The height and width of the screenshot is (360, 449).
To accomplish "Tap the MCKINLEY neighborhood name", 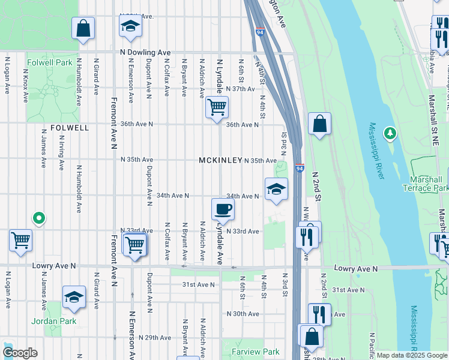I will click(x=221, y=161).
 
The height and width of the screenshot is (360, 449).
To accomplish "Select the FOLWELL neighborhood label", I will click(x=70, y=128).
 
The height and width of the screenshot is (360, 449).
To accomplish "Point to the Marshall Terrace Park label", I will click(x=429, y=184).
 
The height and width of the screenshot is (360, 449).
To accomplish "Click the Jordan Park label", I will click(x=55, y=321).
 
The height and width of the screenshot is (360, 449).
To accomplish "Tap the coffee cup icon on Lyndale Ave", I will click(x=223, y=209).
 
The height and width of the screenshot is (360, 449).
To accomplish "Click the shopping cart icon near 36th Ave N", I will click(x=216, y=107).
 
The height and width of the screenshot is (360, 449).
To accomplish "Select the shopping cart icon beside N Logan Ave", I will click(x=20, y=241).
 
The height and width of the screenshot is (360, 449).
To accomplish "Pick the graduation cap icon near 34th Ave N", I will click(x=276, y=190).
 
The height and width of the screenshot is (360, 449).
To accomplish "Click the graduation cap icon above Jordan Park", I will click(x=74, y=297).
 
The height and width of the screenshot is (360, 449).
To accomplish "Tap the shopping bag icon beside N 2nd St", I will click(x=320, y=124).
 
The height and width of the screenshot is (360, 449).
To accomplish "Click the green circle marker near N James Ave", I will click(x=39, y=218).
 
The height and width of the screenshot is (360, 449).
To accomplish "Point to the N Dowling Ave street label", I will click(x=145, y=53).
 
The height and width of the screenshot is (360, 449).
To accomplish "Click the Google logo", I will click(x=20, y=353).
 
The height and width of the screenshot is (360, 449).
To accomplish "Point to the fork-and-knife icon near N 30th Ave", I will click(x=319, y=314).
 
